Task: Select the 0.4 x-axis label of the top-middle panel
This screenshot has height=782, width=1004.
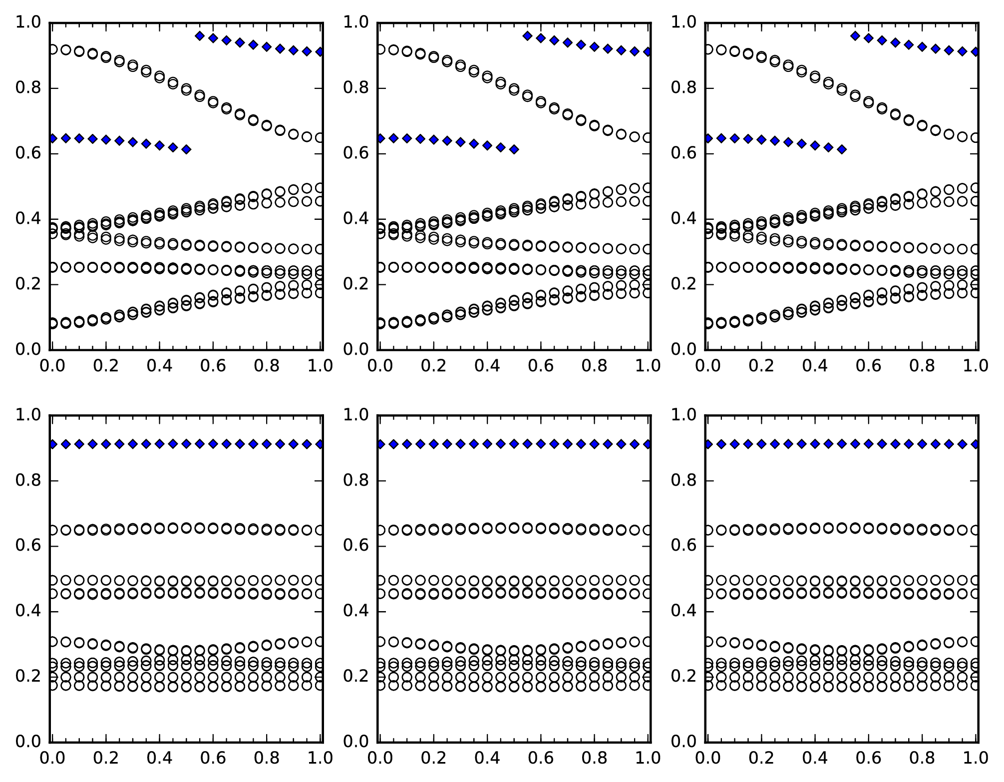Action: pyautogui.click(x=487, y=366)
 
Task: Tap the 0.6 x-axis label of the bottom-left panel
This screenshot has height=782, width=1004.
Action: pyautogui.click(x=213, y=758)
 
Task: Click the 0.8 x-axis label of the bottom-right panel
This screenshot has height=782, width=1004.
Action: pyautogui.click(x=922, y=758)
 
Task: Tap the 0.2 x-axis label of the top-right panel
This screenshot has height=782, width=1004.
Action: pyautogui.click(x=761, y=366)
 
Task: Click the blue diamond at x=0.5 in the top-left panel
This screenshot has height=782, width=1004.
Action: pyautogui.click(x=186, y=149)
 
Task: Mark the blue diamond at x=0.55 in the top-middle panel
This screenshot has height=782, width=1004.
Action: pyautogui.click(x=527, y=36)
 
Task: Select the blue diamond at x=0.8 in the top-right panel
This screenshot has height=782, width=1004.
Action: pyautogui.click(x=922, y=47)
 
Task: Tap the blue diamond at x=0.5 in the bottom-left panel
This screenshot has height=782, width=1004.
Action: pyautogui.click(x=186, y=444)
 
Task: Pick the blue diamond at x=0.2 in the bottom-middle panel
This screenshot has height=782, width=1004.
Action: pyautogui.click(x=433, y=444)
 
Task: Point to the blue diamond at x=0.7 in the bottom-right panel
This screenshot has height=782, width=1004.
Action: pyautogui.click(x=895, y=444)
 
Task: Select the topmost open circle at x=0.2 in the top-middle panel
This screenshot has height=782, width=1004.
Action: pyautogui.click(x=433, y=57)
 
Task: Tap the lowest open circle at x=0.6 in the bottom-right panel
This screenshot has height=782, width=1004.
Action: pyautogui.click(x=868, y=687)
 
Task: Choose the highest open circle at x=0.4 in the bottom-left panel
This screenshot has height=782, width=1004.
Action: pyautogui.click(x=159, y=528)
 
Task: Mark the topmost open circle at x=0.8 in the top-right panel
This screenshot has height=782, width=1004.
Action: pyautogui.click(x=922, y=125)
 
